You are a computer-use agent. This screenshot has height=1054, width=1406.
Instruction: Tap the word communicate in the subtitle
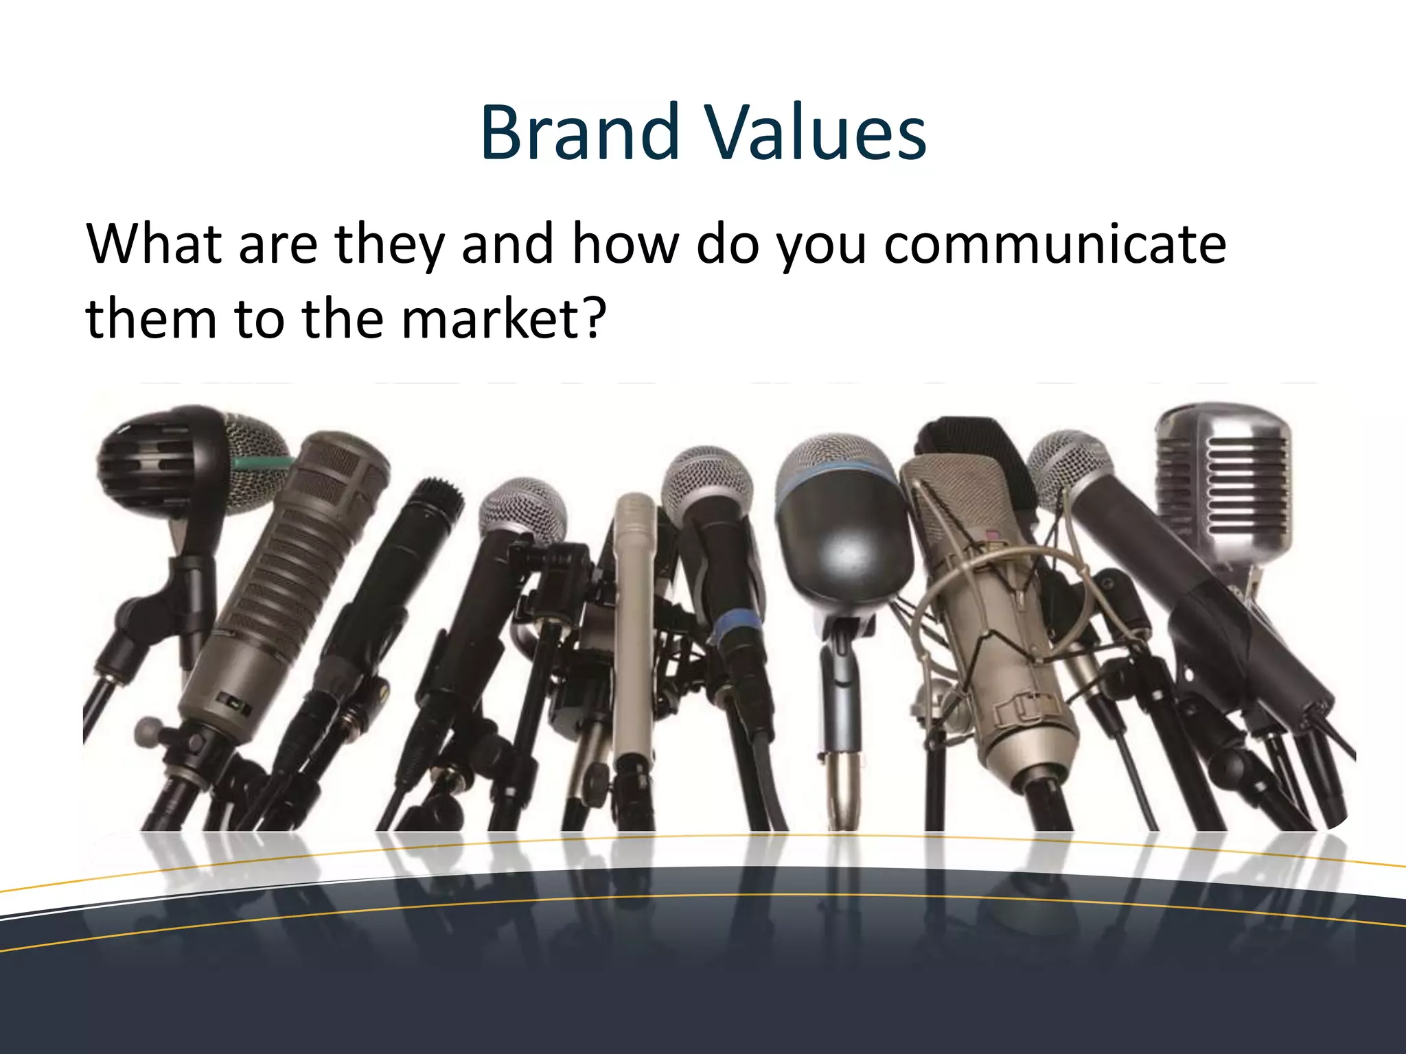click(1055, 244)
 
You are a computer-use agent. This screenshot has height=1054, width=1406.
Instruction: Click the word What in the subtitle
click(154, 244)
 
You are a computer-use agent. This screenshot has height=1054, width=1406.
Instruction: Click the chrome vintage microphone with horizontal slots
click(1223, 480)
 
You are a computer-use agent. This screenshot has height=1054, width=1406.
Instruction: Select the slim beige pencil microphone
click(635, 618)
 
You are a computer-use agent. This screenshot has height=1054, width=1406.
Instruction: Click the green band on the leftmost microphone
click(261, 462)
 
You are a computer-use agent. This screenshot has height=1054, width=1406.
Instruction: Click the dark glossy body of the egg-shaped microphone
click(844, 542)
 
